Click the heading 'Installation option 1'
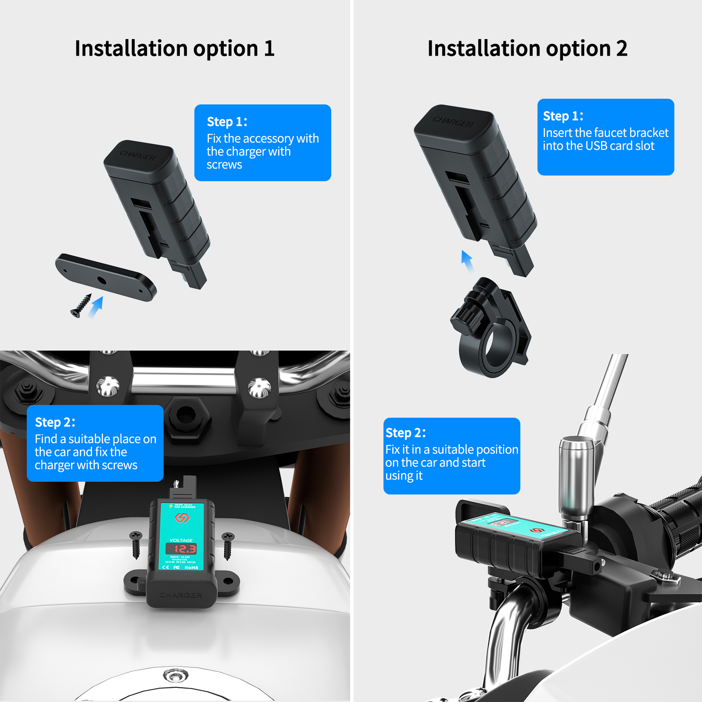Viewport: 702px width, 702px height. coord(175,48)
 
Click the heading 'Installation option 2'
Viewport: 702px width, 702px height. coord(527,48)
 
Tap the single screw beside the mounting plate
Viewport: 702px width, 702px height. coord(81,305)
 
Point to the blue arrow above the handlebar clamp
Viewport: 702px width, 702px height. coord(467,261)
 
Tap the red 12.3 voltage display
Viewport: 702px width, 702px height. coord(181,549)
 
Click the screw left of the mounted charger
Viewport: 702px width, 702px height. coord(136,544)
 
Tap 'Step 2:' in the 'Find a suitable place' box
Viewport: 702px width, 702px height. coord(55,422)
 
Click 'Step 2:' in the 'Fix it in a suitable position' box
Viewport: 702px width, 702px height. coord(405,433)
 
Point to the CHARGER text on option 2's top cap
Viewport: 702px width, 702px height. coord(453,122)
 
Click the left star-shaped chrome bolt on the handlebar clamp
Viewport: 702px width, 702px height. coord(107,386)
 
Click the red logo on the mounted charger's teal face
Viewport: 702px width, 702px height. coord(182,518)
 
